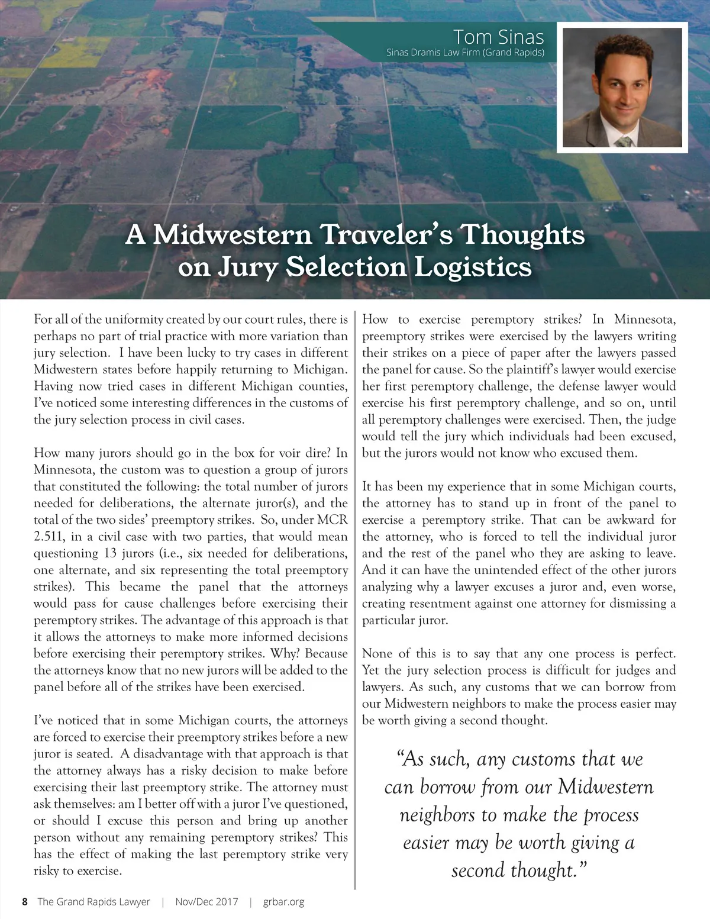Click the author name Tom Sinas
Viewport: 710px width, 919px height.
pos(498,37)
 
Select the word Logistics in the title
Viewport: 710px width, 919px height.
pos(472,267)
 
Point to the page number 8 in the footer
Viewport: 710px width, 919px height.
pos(24,902)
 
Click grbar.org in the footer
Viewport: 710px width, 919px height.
pos(283,902)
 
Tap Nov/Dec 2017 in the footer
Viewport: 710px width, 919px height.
pos(206,902)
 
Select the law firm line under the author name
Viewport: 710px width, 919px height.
pos(465,52)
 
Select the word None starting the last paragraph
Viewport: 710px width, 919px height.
pos(377,653)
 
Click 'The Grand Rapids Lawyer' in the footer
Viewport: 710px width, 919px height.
pos(93,902)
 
